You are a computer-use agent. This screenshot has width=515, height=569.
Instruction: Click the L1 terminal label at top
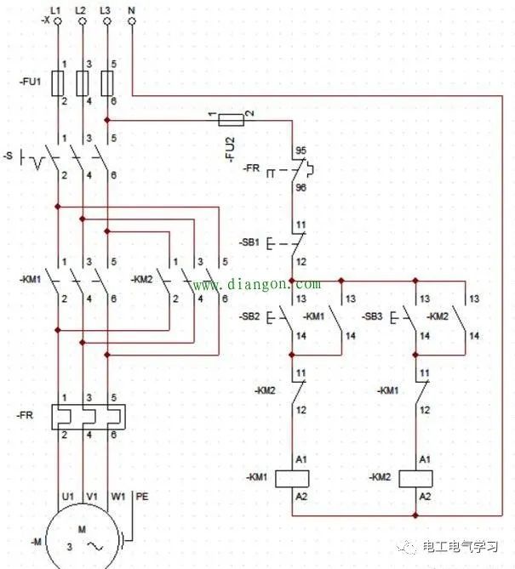[56, 9]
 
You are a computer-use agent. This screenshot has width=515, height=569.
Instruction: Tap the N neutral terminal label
[131, 9]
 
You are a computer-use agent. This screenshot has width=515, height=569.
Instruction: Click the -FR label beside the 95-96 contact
[251, 169]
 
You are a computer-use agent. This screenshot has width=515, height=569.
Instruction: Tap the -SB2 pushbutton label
[250, 316]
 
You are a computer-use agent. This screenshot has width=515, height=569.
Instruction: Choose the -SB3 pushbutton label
[372, 316]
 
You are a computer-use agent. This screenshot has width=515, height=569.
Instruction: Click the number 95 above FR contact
[300, 149]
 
